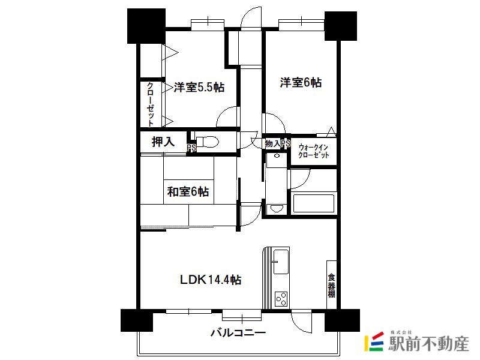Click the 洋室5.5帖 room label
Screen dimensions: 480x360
pyautogui.click(x=199, y=88)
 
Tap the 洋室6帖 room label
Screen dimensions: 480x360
pyautogui.click(x=301, y=82)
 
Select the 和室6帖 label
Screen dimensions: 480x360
pyautogui.click(x=188, y=191)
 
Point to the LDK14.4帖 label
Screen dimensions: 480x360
pyautogui.click(x=211, y=280)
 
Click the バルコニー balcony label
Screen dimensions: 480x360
pyautogui.click(x=238, y=332)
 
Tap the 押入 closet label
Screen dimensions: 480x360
pyautogui.click(x=163, y=142)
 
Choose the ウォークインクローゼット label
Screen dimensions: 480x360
pyautogui.click(x=313, y=151)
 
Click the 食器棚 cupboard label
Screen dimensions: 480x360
pyautogui.click(x=332, y=286)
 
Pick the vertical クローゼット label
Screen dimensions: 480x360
pyautogui.click(x=151, y=104)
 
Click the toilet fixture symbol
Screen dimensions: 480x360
pyautogui.click(x=207, y=142)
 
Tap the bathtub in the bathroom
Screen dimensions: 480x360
pyautogui.click(x=313, y=203)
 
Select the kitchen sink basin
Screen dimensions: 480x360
pyautogui.click(x=281, y=262)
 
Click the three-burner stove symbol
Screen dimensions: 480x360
pyautogui.click(x=281, y=299)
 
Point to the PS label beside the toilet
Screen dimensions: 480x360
pyautogui.click(x=191, y=148)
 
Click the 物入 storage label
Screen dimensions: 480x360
pyautogui.click(x=272, y=143)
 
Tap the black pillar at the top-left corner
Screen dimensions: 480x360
pyautogui.click(x=146, y=26)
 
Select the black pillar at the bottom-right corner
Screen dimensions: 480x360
pyautogui.click(x=342, y=320)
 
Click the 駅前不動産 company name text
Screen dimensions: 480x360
pyautogui.click(x=428, y=343)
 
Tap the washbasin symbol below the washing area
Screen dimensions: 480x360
pyautogui.click(x=277, y=209)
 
